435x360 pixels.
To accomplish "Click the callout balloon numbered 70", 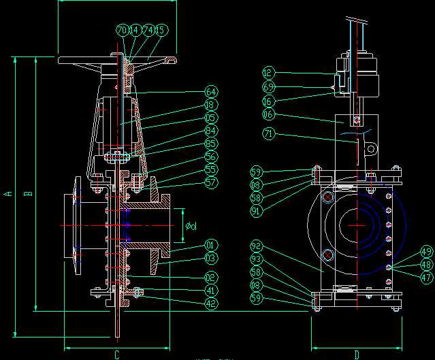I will [123, 31].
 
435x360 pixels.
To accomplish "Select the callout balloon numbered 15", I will [161, 31].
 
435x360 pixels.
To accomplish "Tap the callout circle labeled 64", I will [212, 92].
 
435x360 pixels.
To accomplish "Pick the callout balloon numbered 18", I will [212, 105].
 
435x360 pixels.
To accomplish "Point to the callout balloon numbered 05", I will [212, 118].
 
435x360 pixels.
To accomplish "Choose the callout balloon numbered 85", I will [212, 144].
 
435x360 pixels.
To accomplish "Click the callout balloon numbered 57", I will [212, 182].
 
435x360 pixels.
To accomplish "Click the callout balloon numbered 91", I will [256, 210].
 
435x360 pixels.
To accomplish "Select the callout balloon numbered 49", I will [425, 252].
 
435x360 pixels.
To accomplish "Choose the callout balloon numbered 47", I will [425, 277].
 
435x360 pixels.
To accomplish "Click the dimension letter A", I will [7, 194].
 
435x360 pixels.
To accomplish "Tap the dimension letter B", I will [28, 194].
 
